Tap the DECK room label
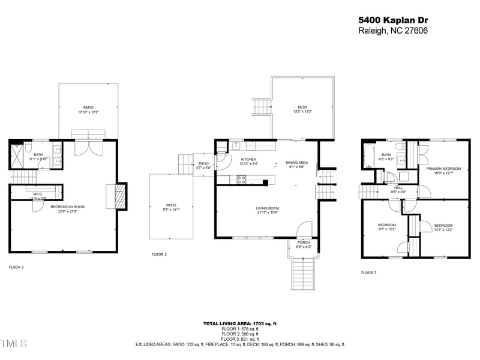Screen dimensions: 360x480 pyautogui.click(x=302, y=107)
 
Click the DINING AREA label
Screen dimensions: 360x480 pyautogui.click(x=296, y=163)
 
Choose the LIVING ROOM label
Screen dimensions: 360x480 pyautogui.click(x=267, y=208)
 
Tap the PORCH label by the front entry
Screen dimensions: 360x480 pyautogui.click(x=304, y=243)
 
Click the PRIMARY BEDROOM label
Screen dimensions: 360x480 pyautogui.click(x=443, y=169)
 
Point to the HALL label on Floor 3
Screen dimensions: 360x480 pyautogui.click(x=398, y=188)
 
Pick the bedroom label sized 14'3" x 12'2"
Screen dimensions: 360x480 pyautogui.click(x=443, y=226)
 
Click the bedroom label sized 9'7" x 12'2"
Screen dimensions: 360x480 pyautogui.click(x=386, y=226)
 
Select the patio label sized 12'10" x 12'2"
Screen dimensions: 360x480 pyautogui.click(x=89, y=108)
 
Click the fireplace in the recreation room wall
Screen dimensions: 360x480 pyautogui.click(x=120, y=196)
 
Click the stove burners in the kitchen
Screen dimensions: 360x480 pyautogui.click(x=242, y=178)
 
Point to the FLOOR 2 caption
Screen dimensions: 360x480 pyautogui.click(x=159, y=254)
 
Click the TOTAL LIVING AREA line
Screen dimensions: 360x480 pyautogui.click(x=240, y=323)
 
